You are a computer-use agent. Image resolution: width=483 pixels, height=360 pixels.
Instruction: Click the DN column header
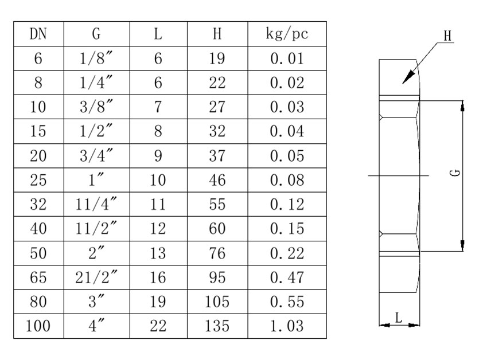(38, 34)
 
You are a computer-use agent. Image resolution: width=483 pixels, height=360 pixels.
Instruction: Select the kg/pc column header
(286, 34)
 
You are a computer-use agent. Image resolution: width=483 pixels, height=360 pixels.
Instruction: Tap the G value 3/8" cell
(96, 107)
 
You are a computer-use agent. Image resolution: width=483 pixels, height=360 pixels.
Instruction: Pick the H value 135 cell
(217, 327)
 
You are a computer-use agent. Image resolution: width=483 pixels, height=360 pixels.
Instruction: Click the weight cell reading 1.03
(286, 327)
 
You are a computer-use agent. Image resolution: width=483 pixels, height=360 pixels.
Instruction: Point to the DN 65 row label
(38, 278)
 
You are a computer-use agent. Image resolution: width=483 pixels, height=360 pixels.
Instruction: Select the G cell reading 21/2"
(96, 278)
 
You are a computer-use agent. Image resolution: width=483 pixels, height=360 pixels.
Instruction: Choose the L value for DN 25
(158, 181)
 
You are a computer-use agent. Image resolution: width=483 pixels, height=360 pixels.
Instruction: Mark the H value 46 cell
(217, 181)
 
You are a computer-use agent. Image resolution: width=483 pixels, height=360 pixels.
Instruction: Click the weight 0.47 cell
(286, 278)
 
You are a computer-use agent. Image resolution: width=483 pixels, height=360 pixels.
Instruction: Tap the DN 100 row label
(38, 327)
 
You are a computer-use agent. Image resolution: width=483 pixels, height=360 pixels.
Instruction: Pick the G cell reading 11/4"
(96, 205)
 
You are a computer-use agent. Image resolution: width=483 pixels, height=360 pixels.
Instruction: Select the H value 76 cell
(217, 253)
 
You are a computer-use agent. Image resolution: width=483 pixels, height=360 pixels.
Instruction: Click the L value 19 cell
(158, 302)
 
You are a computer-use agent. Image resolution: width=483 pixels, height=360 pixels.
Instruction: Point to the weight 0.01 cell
(286, 58)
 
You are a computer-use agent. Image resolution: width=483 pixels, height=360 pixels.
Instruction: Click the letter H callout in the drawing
(447, 36)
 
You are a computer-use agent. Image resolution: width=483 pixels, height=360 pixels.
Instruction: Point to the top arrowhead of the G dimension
(463, 104)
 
